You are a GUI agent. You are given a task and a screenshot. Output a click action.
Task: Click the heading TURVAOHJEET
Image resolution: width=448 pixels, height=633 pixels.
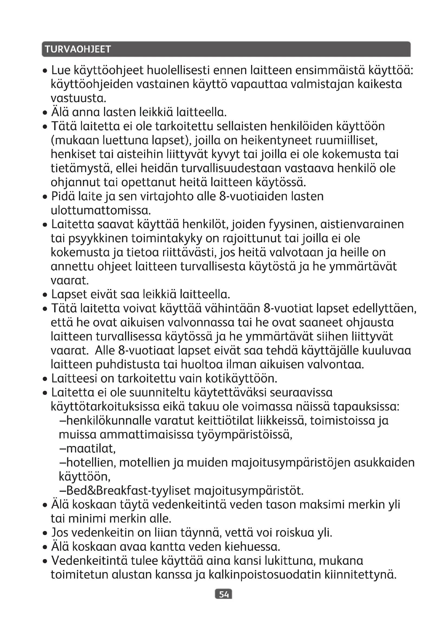(x=78, y=49)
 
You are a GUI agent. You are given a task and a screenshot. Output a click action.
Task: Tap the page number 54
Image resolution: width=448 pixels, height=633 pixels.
(x=223, y=594)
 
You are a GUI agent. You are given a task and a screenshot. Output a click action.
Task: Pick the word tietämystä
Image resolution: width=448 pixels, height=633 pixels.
(x=81, y=168)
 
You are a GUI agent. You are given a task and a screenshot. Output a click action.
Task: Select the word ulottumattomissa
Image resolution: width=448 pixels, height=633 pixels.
(x=101, y=211)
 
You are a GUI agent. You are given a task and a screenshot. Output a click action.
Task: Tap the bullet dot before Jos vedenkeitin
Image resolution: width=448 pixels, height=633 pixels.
(x=46, y=533)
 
